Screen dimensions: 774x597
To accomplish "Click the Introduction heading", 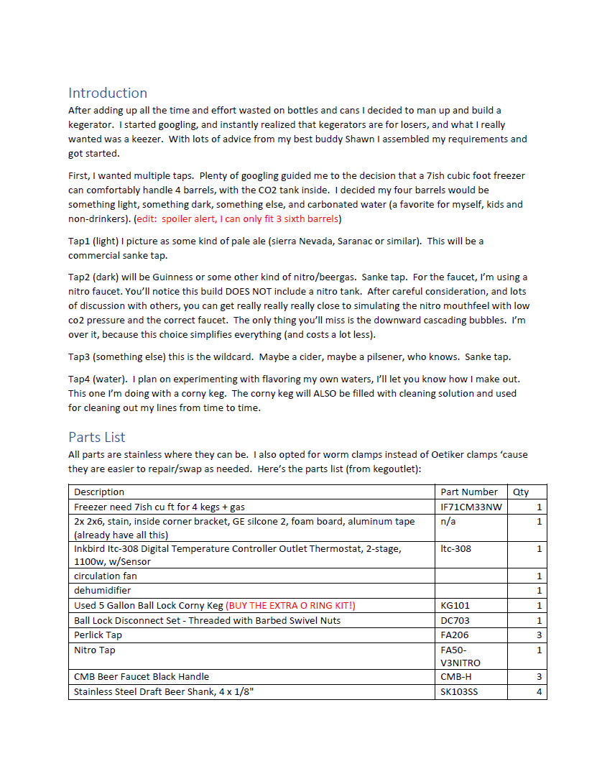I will [x=108, y=93].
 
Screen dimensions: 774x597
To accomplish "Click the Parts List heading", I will [x=97, y=437].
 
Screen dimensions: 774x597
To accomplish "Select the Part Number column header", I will [x=468, y=492].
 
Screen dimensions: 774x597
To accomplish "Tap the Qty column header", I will [x=520, y=492].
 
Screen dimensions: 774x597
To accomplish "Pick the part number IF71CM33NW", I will [x=471, y=507].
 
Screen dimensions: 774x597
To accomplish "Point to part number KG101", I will [x=455, y=605].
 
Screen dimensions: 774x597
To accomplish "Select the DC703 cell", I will [x=455, y=620].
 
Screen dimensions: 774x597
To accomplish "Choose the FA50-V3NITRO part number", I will [x=461, y=656].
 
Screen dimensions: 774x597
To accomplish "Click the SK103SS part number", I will [x=458, y=692].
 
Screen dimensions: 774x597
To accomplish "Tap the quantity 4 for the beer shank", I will [x=539, y=692].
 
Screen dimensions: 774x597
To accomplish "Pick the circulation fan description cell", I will [x=106, y=576].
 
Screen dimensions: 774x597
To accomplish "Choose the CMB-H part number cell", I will [x=456, y=676].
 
